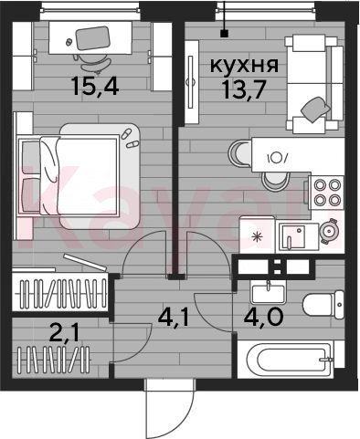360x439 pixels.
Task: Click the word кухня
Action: point(244,65)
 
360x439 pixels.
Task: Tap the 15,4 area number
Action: point(94,86)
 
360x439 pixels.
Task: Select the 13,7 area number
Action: point(243,90)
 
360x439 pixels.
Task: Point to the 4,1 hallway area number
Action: point(174,319)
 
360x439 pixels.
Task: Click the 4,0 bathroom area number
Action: point(263,317)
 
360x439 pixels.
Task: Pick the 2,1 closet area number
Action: point(64,333)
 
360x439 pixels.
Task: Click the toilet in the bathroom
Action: point(323,305)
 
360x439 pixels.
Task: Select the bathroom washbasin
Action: point(268,292)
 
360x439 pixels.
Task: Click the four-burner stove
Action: point(326,193)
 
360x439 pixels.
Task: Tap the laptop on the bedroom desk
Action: point(92,38)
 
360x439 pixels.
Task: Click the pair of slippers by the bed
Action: point(129,139)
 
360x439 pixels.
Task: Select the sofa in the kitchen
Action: point(314,84)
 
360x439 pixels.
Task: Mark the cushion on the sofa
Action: point(315,110)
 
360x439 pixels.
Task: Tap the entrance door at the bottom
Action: point(169,408)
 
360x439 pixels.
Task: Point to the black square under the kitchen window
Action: point(225,33)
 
